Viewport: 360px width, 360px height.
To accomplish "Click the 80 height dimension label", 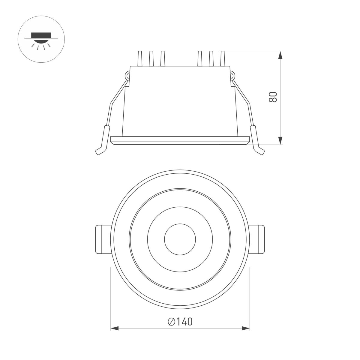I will click(272, 97).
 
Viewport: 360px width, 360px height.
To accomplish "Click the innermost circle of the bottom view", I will click(180, 239).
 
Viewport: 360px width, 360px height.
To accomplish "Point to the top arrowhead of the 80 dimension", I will click(280, 56).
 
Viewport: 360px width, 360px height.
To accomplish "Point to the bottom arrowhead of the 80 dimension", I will click(280, 140).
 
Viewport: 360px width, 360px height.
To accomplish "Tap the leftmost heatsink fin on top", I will click(139, 58).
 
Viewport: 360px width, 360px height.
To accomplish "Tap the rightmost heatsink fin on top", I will click(222, 58).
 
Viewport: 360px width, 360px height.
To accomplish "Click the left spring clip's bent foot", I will click(100, 151).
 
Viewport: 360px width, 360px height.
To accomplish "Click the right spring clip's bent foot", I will click(260, 151).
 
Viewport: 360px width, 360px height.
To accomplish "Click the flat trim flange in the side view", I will click(180, 140).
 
